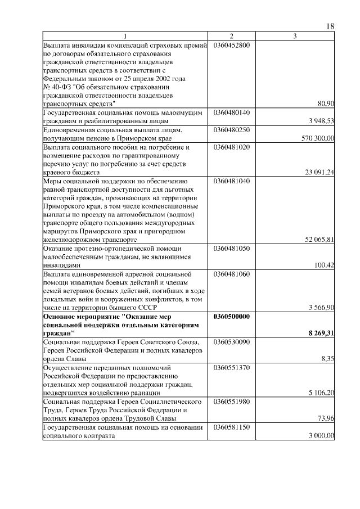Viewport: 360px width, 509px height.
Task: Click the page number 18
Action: click(330, 27)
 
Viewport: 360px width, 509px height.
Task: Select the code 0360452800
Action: click(231, 45)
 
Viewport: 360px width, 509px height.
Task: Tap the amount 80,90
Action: click(326, 103)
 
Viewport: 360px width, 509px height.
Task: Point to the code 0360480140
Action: click(231, 112)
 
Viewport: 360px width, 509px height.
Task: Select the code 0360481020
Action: click(231, 147)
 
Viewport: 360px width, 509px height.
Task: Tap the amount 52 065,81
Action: click(319, 240)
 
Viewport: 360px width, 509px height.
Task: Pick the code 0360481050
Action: click(231, 248)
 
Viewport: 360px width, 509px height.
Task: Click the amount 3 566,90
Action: click(321, 307)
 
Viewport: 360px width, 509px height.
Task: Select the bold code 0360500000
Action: click(232, 316)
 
